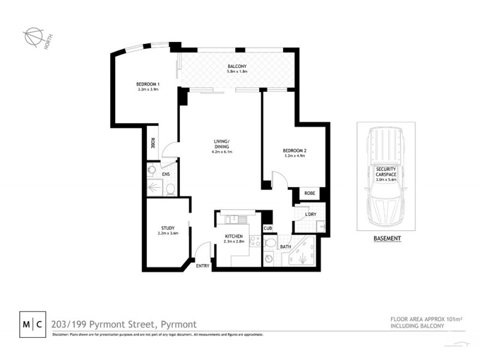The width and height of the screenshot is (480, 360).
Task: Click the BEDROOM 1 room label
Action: point(147,83)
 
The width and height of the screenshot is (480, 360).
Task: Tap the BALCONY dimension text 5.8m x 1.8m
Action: point(237,72)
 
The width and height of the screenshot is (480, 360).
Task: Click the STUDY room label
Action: point(167,227)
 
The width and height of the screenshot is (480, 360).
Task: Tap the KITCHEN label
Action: point(234,236)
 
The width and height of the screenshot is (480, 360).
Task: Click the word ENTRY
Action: point(202,266)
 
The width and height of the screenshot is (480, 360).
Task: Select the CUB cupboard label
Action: point(267,229)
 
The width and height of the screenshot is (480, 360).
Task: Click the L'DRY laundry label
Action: point(310,214)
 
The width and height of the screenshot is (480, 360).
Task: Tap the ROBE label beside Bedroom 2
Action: point(310,194)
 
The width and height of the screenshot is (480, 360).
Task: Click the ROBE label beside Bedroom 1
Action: point(153,143)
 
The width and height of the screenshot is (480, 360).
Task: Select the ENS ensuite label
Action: point(166,174)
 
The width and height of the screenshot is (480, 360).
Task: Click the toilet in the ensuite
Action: point(170,190)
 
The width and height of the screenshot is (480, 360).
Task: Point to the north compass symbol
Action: point(33,37)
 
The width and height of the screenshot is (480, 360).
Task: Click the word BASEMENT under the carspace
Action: point(386,238)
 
